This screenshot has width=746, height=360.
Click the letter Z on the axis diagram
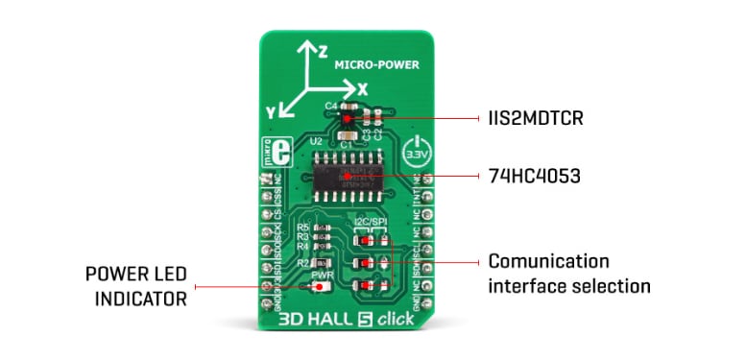click(x=324, y=50)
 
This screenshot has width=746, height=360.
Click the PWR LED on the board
click(x=318, y=286)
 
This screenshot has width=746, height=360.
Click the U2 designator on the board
click(x=315, y=140)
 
